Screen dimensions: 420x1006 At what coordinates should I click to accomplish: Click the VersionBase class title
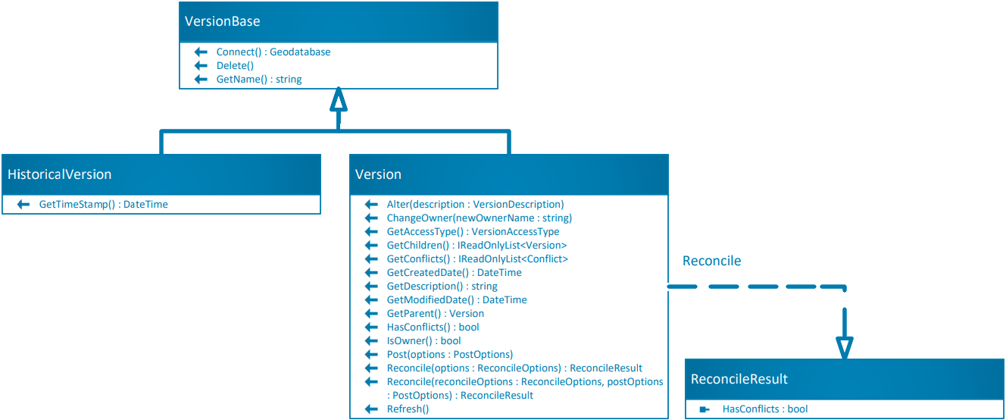pos(223,21)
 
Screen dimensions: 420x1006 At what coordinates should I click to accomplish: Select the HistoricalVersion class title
pos(59,174)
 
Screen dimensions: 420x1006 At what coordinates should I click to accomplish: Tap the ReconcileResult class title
pos(739,379)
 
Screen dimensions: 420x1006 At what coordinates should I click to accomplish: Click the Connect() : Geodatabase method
pos(273,52)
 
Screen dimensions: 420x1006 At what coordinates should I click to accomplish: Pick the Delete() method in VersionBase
pos(235,66)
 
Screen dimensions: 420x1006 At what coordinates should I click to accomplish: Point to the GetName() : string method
pos(259,80)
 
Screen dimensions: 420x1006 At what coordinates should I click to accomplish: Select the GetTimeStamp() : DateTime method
pos(103,205)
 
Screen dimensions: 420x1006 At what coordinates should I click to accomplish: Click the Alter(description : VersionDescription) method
pos(475,205)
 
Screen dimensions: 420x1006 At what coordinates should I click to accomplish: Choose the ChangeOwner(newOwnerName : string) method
pos(479,218)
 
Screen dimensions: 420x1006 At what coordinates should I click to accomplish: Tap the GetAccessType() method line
pos(473,232)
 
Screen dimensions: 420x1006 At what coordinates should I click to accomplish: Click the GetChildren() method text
pos(476,246)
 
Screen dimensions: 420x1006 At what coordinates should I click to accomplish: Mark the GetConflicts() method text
pos(477,259)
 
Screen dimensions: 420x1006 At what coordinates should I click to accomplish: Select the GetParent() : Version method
pos(435,314)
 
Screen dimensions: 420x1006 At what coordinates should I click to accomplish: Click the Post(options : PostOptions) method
pos(449,355)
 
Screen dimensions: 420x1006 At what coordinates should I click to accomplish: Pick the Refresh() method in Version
pos(408,409)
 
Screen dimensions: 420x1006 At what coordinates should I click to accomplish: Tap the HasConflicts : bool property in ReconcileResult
pos(765,409)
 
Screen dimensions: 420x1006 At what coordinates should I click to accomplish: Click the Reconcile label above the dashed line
pos(711,261)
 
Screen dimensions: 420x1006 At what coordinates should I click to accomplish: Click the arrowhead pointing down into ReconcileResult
pos(844,347)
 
